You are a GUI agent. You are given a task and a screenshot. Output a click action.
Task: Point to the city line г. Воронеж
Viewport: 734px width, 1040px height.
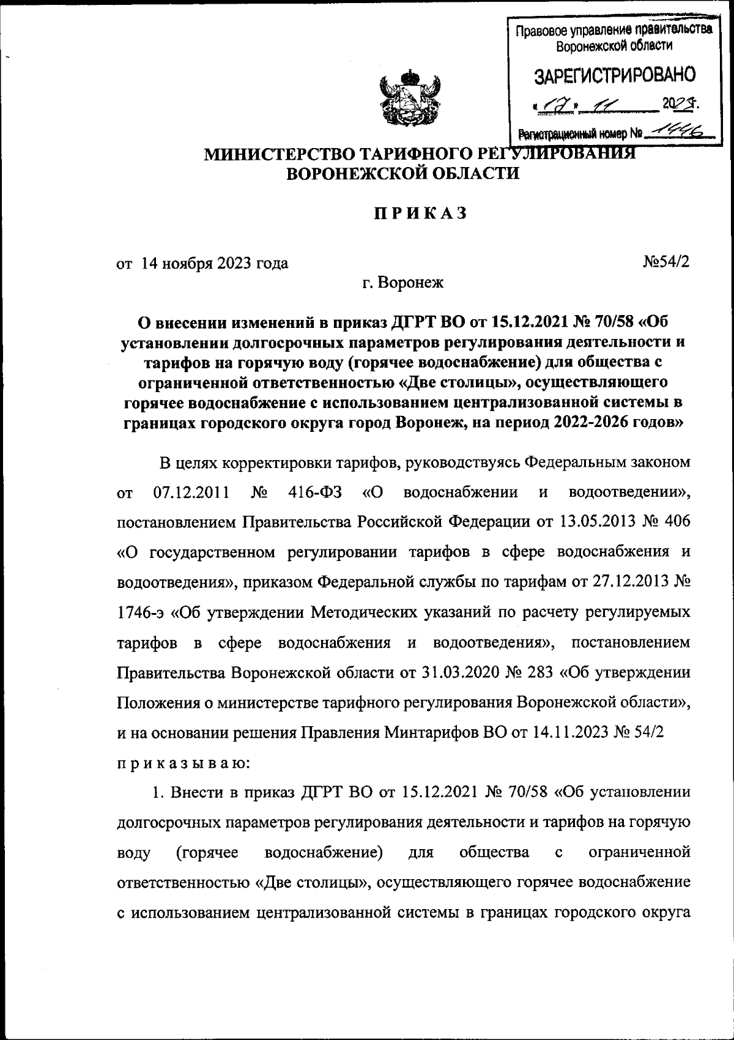coord(402,283)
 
